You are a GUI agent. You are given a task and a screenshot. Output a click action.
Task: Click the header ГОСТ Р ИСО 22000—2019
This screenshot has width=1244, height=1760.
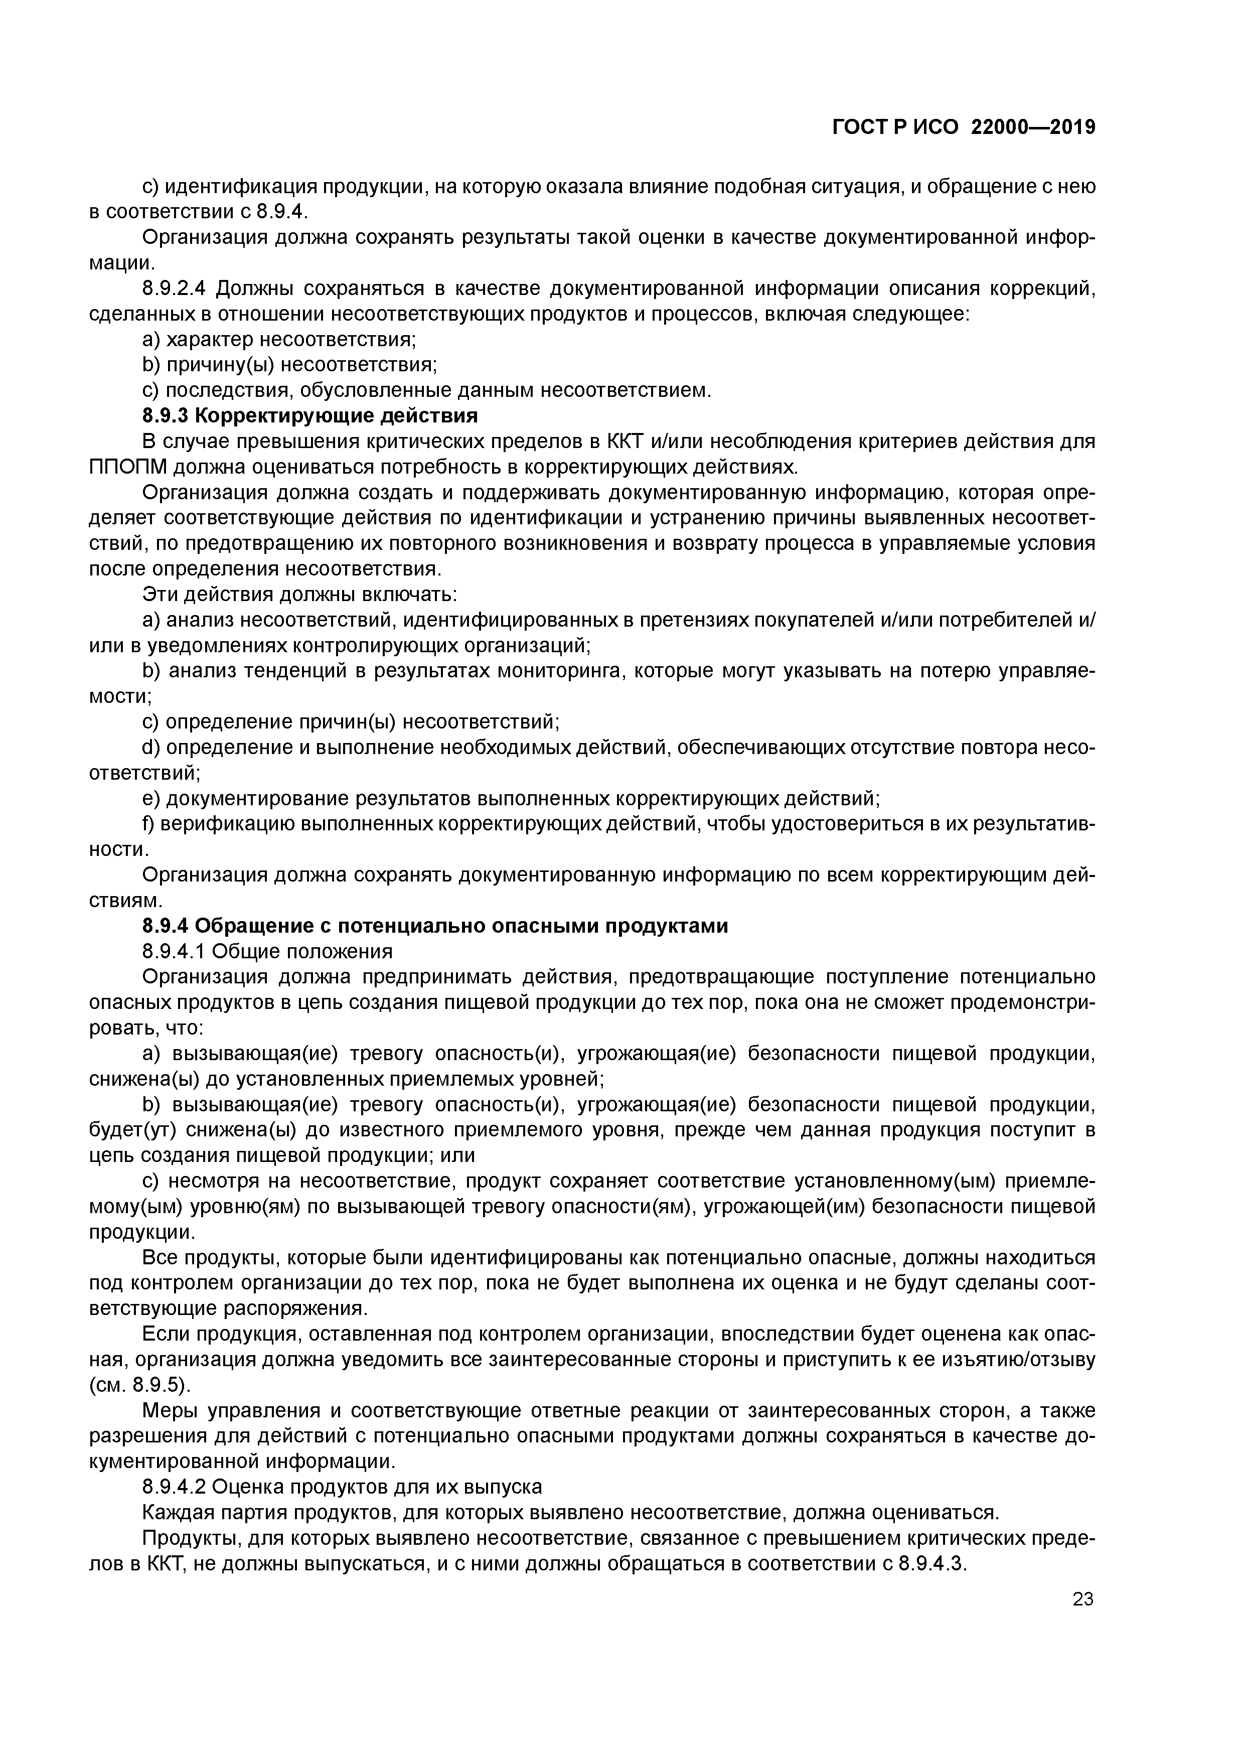tap(964, 127)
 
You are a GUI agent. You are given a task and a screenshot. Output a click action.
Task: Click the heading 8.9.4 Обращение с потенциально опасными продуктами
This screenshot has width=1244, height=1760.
tap(434, 926)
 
